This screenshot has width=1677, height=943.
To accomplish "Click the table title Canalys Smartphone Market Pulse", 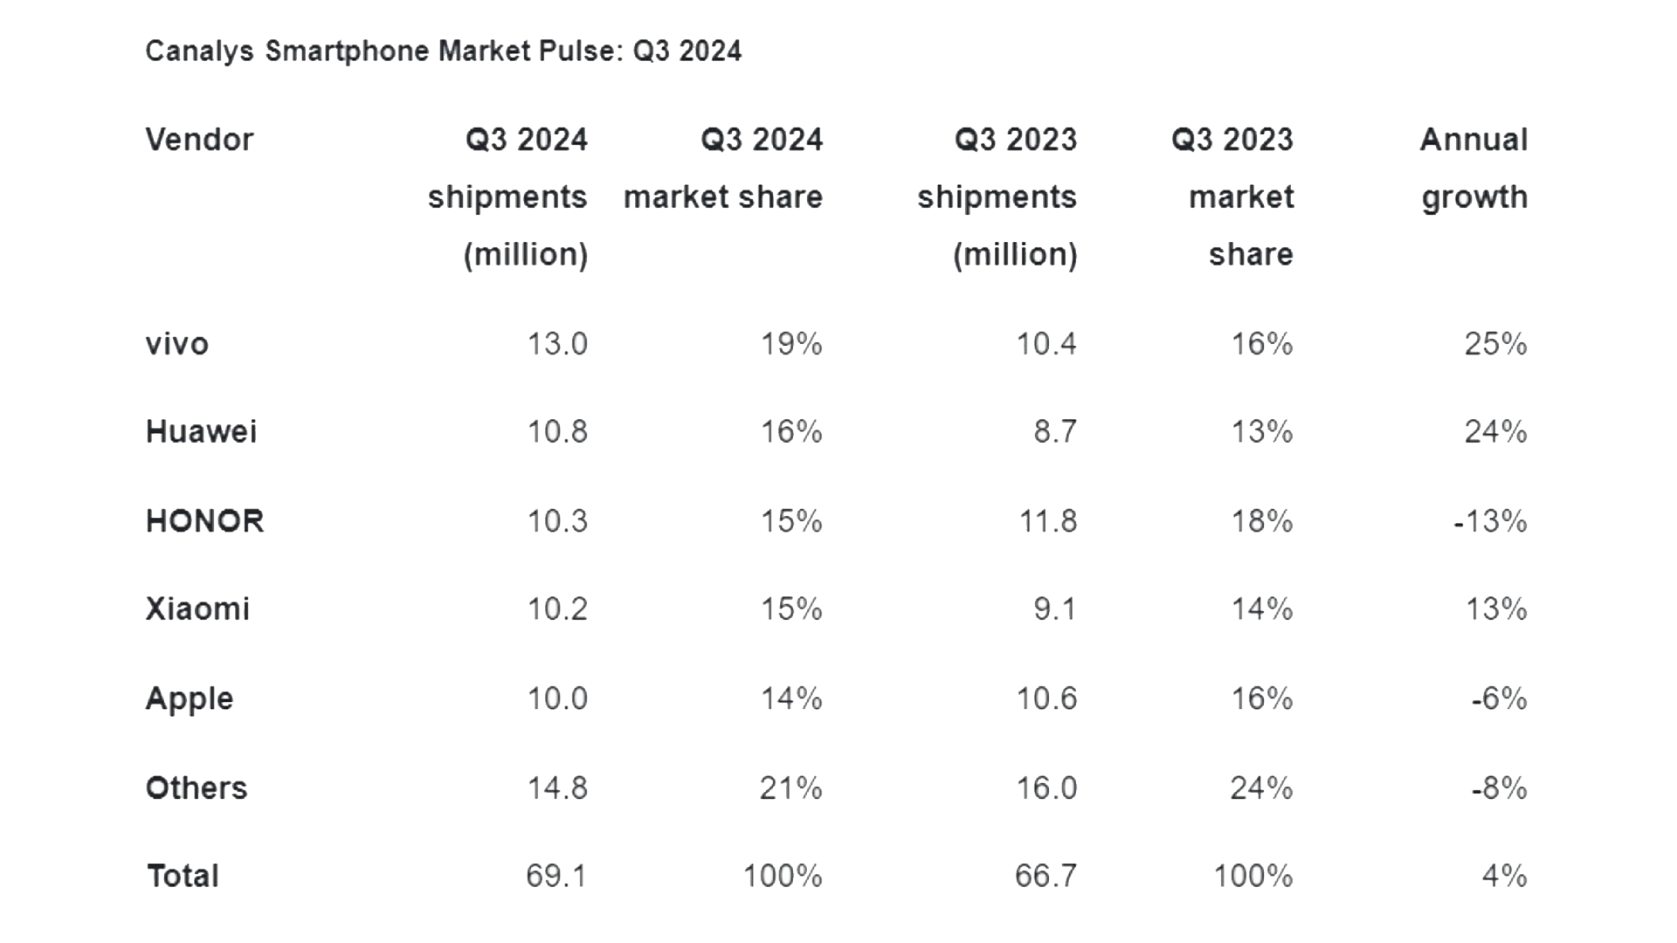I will (x=443, y=52).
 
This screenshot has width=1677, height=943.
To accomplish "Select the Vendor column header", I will (x=199, y=140).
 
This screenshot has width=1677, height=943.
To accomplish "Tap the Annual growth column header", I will (x=1474, y=168).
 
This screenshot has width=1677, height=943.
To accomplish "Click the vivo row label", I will (x=177, y=344).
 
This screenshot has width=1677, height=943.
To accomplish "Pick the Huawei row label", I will (x=201, y=432).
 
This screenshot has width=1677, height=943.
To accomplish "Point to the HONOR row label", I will (x=204, y=521).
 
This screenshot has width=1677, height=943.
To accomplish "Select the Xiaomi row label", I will (x=197, y=609).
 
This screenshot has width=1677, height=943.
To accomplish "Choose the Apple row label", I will (x=190, y=699).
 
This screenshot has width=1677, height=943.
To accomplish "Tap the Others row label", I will (x=197, y=788).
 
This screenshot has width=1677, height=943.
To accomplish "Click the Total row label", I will (x=183, y=876).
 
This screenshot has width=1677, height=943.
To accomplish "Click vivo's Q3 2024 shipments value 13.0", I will (x=557, y=344).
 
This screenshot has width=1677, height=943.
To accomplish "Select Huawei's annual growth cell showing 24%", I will (x=1495, y=432).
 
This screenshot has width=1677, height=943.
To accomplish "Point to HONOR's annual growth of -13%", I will (x=1490, y=521).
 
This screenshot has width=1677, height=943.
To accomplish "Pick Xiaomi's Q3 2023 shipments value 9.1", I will (x=1055, y=609).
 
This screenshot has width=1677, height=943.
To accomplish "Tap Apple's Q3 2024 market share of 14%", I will (x=791, y=699).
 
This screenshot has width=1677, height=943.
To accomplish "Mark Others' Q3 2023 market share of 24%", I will (x=1261, y=788).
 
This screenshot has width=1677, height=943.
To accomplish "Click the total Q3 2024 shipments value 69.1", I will (x=556, y=876).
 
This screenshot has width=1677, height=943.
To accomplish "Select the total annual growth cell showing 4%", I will (x=1504, y=876).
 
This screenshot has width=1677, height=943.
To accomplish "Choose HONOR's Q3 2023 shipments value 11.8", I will (x=1048, y=521).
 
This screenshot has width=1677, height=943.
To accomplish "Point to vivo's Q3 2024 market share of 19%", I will (x=791, y=344).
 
